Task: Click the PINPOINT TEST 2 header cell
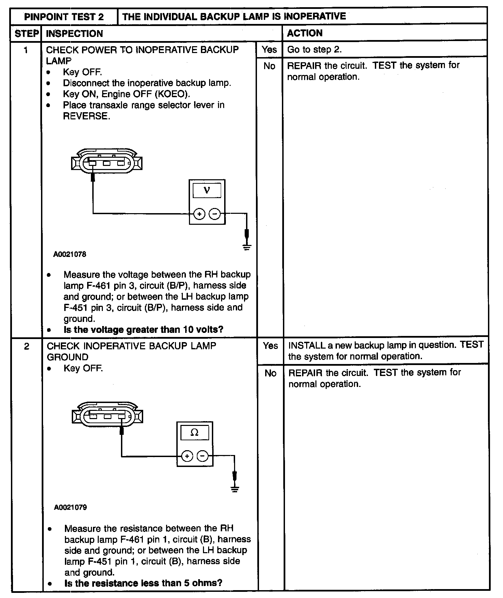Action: [x=64, y=17]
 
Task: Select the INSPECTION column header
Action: [x=74, y=34]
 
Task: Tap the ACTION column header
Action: [x=304, y=33]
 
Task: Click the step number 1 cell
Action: [x=26, y=50]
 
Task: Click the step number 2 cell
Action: [x=27, y=347]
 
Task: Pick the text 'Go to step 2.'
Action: [x=314, y=50]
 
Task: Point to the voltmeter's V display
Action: [x=207, y=190]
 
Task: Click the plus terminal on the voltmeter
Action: [x=199, y=214]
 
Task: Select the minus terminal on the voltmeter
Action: [x=215, y=214]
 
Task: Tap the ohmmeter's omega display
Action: [x=194, y=432]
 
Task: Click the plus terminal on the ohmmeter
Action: [x=187, y=456]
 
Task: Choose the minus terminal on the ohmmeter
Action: [x=203, y=456]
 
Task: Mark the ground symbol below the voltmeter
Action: [x=247, y=247]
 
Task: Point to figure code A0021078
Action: [x=70, y=254]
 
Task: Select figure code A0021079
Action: [x=70, y=507]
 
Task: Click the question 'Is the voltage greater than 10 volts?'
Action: [x=143, y=330]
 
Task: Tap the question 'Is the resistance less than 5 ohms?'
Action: [x=143, y=583]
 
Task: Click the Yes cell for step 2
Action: [x=270, y=346]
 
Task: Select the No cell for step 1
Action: [x=269, y=66]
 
